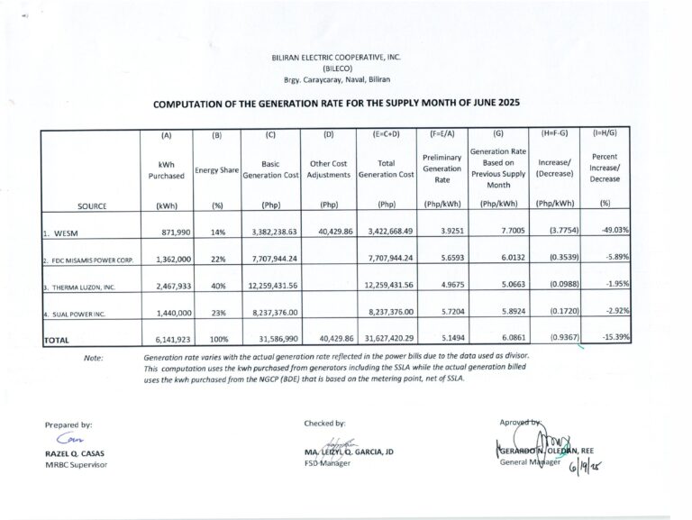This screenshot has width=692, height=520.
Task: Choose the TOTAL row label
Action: (x=59, y=340)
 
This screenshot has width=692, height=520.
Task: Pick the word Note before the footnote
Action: (x=94, y=359)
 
